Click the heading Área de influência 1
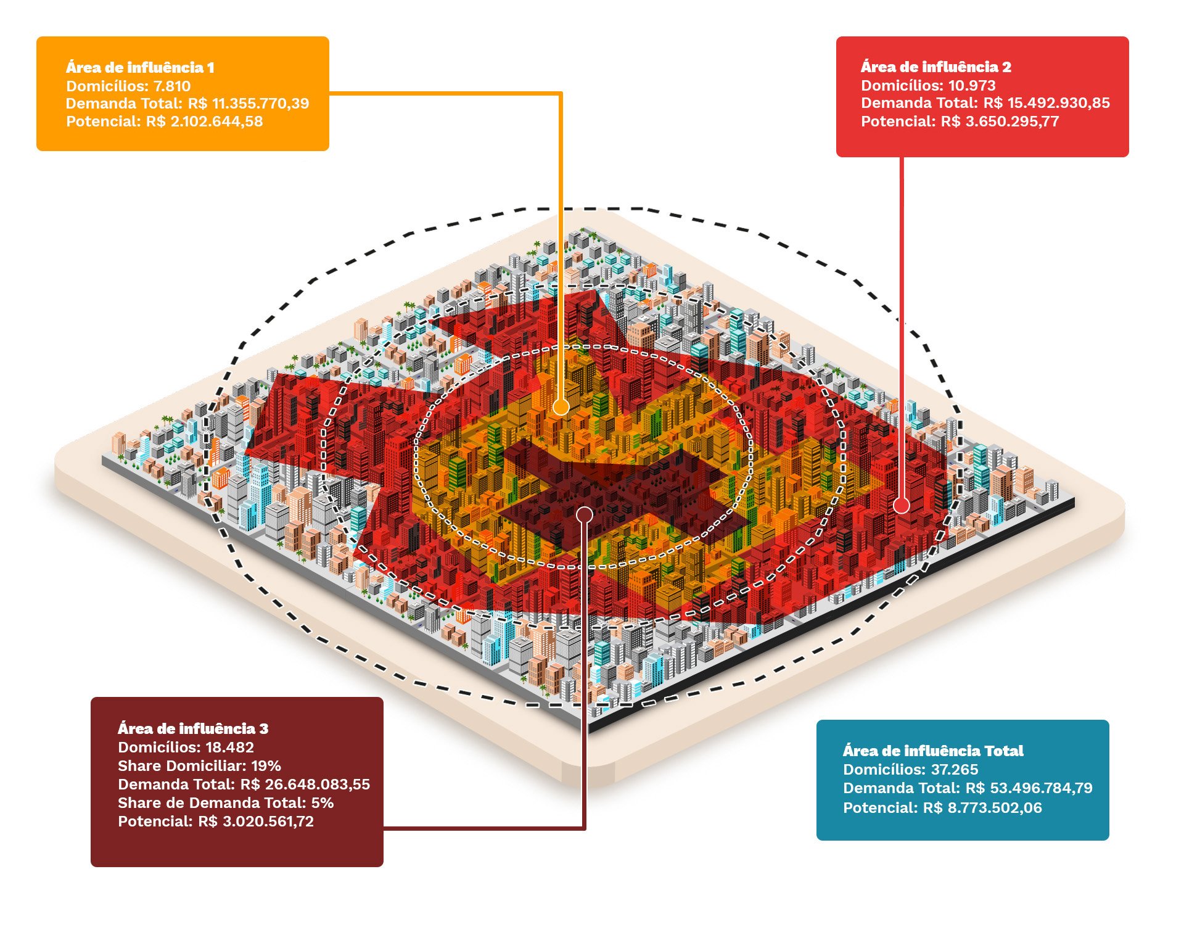coord(140,67)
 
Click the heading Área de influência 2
coord(935,67)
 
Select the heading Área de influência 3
coord(193,728)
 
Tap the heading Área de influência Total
coord(933,751)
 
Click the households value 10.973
coord(972,85)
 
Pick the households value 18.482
coord(229,748)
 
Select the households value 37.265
coord(955,769)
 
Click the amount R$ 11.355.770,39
coord(249,103)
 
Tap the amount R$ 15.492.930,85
coord(1046,103)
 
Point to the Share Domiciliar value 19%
coord(266,766)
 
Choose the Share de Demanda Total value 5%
coord(323,803)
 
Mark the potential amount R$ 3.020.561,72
coord(256,822)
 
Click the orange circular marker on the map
coord(561,407)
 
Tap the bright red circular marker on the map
coord(902,506)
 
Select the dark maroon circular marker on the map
coord(585,514)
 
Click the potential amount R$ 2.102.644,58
coord(204,121)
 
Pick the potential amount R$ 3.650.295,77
coord(1000,121)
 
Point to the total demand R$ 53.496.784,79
coord(1029,788)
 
